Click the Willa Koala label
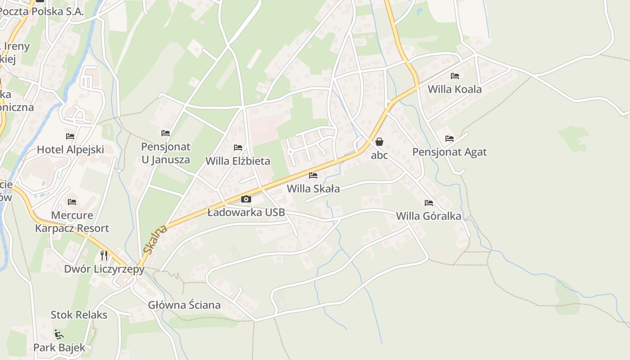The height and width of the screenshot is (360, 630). [454, 89]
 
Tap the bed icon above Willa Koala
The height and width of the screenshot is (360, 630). [455, 76]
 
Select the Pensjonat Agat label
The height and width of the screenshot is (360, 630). [450, 152]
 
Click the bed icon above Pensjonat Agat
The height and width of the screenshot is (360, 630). [450, 139]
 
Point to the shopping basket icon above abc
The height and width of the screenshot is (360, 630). [379, 142]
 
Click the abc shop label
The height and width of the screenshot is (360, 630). [379, 155]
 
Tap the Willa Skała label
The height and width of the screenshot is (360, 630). [313, 189]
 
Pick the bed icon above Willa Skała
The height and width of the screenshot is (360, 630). [313, 175]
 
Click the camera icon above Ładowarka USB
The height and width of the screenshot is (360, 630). [246, 199]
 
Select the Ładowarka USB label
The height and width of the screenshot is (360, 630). [246, 212]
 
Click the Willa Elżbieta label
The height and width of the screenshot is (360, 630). [238, 161]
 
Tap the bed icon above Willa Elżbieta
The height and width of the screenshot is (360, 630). [238, 148]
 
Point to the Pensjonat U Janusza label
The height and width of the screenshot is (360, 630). [166, 153]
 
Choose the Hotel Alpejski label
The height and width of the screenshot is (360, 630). [70, 150]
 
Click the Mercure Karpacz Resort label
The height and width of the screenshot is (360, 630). [72, 222]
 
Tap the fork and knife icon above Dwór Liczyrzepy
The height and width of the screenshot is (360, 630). [104, 256]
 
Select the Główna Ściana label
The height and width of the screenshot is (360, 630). [184, 305]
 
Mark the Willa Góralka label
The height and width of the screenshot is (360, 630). [428, 216]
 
